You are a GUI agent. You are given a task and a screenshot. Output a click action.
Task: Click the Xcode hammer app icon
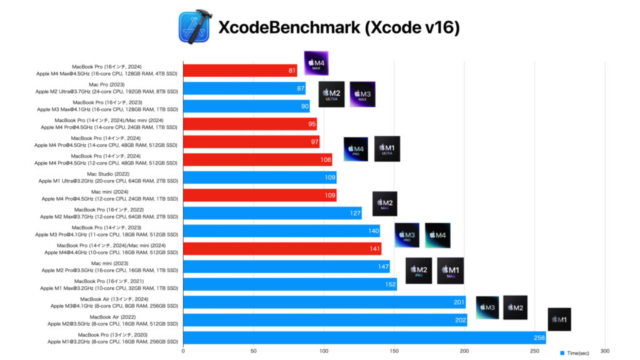194,27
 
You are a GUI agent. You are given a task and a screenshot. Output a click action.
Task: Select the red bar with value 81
240,71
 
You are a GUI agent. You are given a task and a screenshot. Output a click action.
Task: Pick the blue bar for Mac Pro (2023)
244,88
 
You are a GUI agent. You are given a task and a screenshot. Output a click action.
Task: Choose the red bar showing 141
282,249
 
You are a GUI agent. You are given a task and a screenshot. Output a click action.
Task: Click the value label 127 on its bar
355,213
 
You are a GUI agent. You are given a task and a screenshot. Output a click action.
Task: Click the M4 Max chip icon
316,63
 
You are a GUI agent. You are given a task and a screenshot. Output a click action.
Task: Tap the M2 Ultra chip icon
331,94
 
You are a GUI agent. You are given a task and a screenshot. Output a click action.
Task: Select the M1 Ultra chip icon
387,149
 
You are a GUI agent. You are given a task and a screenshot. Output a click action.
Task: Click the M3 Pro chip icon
406,236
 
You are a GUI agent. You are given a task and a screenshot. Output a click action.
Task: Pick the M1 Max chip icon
450,271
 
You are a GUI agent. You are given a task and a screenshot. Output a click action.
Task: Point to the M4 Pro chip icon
356,149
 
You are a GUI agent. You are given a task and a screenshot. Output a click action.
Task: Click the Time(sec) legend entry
580,352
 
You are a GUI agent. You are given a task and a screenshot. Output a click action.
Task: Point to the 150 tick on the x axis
394,351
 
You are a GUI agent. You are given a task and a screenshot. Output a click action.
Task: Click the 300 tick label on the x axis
604,351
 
